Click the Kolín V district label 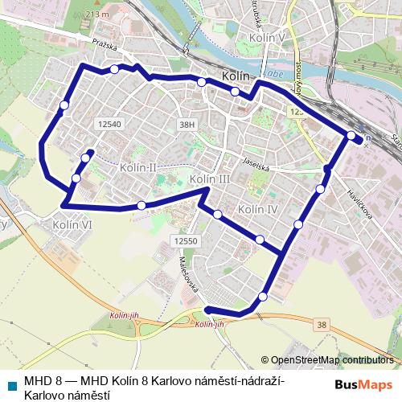(x=268, y=38)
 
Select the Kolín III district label (x=210, y=178)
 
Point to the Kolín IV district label (x=258, y=209)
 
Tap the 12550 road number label (x=185, y=240)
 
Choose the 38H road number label (x=187, y=125)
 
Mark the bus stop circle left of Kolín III (x=142, y=205)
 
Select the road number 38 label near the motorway (x=322, y=324)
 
